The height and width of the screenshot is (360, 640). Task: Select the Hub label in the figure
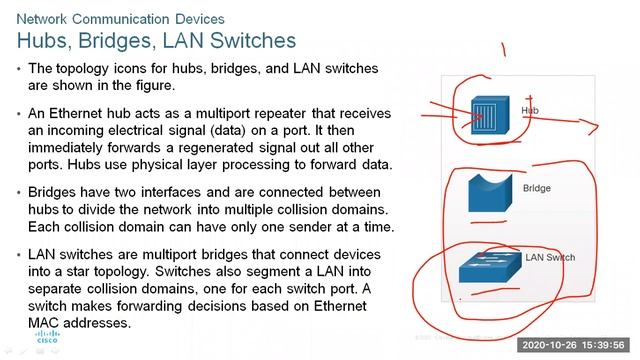(x=530, y=109)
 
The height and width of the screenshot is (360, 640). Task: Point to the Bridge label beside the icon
(x=537, y=188)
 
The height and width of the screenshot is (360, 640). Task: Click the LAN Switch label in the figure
(x=550, y=258)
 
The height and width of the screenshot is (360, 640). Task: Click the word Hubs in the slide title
(x=44, y=41)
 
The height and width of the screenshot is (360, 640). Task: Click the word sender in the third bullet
(x=303, y=228)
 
